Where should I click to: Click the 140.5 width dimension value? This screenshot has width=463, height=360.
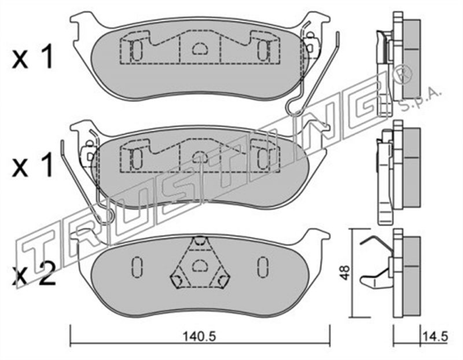[199, 336]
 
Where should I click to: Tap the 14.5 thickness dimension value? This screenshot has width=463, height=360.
[436, 336]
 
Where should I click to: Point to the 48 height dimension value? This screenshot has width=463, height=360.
[344, 273]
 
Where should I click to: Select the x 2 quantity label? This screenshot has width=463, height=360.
[34, 274]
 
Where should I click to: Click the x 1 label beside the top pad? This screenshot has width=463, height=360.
[33, 56]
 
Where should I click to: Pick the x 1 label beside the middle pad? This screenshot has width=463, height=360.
[33, 165]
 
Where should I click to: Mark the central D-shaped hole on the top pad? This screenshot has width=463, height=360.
[200, 49]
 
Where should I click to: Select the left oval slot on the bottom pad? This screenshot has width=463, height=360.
[137, 267]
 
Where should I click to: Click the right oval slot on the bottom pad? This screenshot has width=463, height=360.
[262, 267]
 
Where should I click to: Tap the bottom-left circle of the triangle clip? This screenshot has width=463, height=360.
[177, 281]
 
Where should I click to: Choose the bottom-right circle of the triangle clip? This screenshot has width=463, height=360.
[223, 281]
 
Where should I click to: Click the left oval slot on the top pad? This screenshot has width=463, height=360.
[137, 50]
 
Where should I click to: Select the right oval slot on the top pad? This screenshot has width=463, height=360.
[263, 50]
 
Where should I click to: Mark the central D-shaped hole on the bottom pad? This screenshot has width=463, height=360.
[200, 265]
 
